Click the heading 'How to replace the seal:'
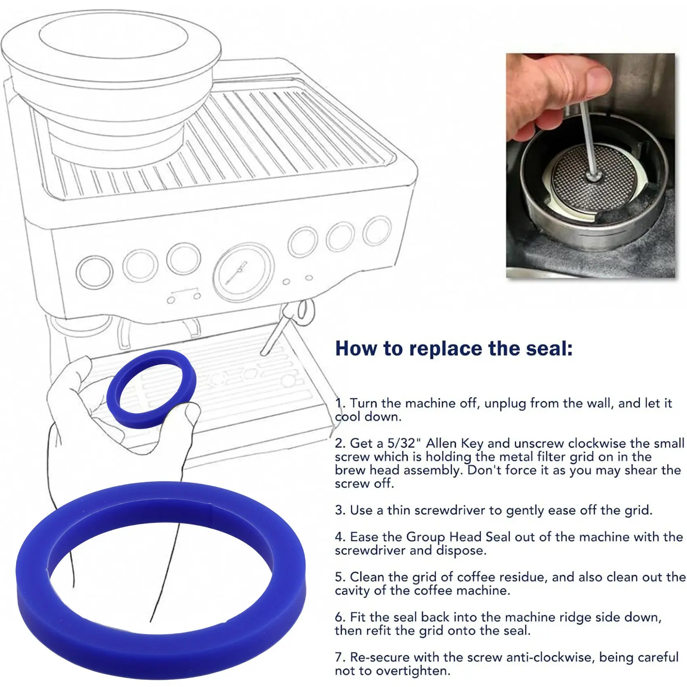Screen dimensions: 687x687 (454, 348)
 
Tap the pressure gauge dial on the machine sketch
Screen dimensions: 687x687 (243, 271)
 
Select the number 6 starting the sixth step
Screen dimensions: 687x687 (339, 617)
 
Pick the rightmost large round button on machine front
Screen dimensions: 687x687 (377, 231)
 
